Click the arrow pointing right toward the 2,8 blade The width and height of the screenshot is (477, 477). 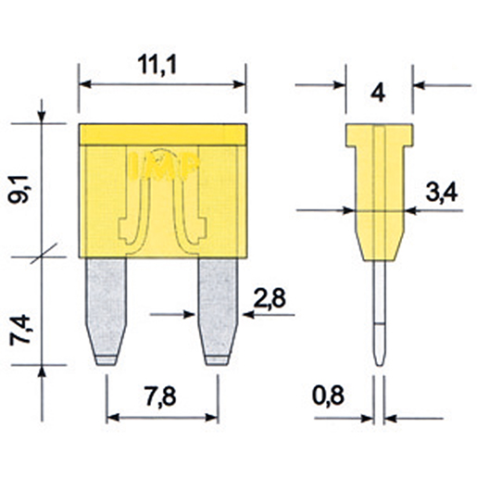pyautogui.click(x=190, y=315)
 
